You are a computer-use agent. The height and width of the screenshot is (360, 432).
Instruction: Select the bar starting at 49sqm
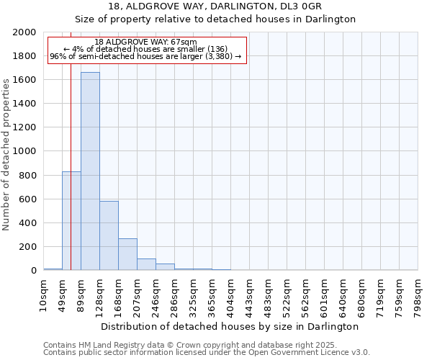pos(71,220)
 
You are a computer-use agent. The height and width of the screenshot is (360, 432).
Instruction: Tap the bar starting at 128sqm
pos(109,235)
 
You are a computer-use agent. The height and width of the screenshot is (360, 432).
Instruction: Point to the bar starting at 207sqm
pos(146,264)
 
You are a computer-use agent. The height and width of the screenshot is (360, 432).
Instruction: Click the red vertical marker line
pos(71,144)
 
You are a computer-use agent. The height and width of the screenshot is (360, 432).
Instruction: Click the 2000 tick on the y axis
pos(25,32)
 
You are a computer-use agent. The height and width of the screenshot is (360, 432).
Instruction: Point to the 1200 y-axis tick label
pos(25,127)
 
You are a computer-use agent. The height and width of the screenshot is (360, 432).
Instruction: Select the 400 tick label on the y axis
pos(28,223)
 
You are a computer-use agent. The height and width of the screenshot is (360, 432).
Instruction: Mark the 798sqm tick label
pos(419,293)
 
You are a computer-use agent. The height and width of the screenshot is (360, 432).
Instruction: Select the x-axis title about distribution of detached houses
pos(230,326)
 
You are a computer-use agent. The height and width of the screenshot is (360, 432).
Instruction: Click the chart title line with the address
pos(215,6)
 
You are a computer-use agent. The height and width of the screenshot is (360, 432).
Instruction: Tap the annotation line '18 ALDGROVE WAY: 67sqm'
pos(145,42)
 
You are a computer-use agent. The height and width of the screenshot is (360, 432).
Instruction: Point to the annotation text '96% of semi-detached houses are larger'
pos(145,57)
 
